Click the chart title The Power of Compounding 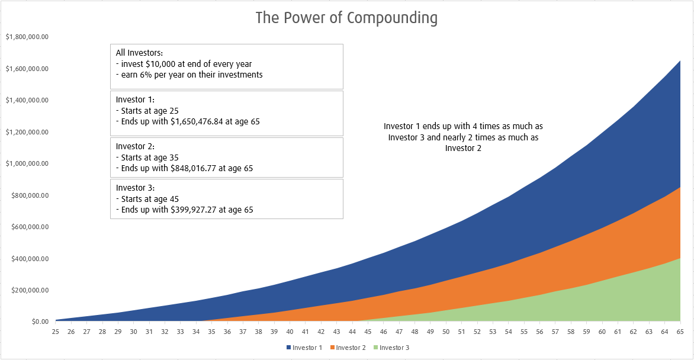click(x=346, y=18)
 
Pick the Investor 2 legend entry click(x=351, y=348)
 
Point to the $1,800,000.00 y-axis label click(x=27, y=37)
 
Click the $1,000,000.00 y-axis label click(x=27, y=163)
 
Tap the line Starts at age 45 click(x=147, y=199)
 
